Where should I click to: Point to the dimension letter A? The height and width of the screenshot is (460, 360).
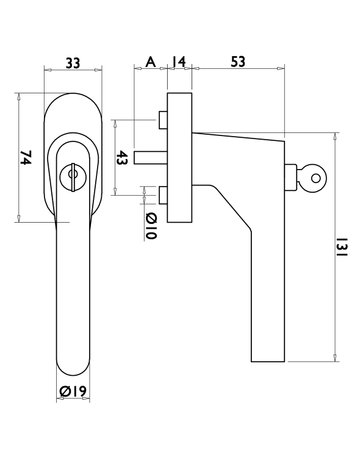coord(151,61)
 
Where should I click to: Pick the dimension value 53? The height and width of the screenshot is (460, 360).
coord(238,61)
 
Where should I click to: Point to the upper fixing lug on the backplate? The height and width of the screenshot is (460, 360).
coord(160,121)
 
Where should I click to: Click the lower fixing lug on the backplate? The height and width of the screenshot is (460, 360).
coord(160,195)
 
